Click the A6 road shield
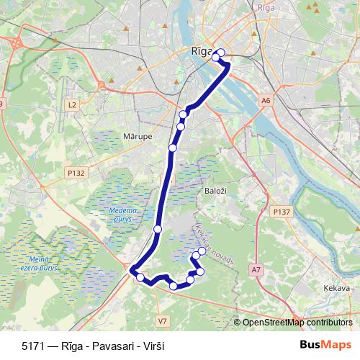266,101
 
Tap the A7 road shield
256,269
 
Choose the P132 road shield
76,173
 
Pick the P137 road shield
282,212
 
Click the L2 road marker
71,105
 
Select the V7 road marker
162,320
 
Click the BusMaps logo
326,345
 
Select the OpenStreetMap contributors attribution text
297,323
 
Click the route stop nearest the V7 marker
174,286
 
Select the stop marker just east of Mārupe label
173,148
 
